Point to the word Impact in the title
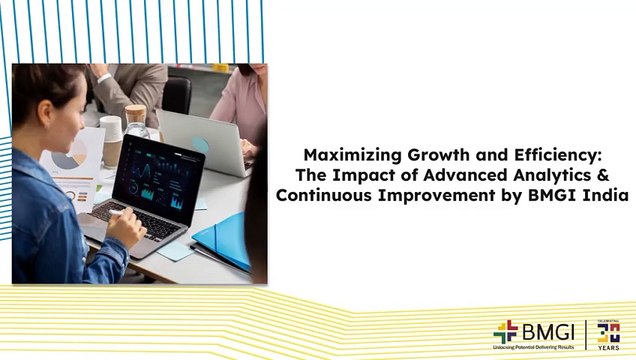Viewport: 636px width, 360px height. coord(362,174)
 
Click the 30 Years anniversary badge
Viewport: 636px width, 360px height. coord(608,332)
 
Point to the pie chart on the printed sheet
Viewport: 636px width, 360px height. coord(72,160)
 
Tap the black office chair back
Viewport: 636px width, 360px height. coord(178,95)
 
